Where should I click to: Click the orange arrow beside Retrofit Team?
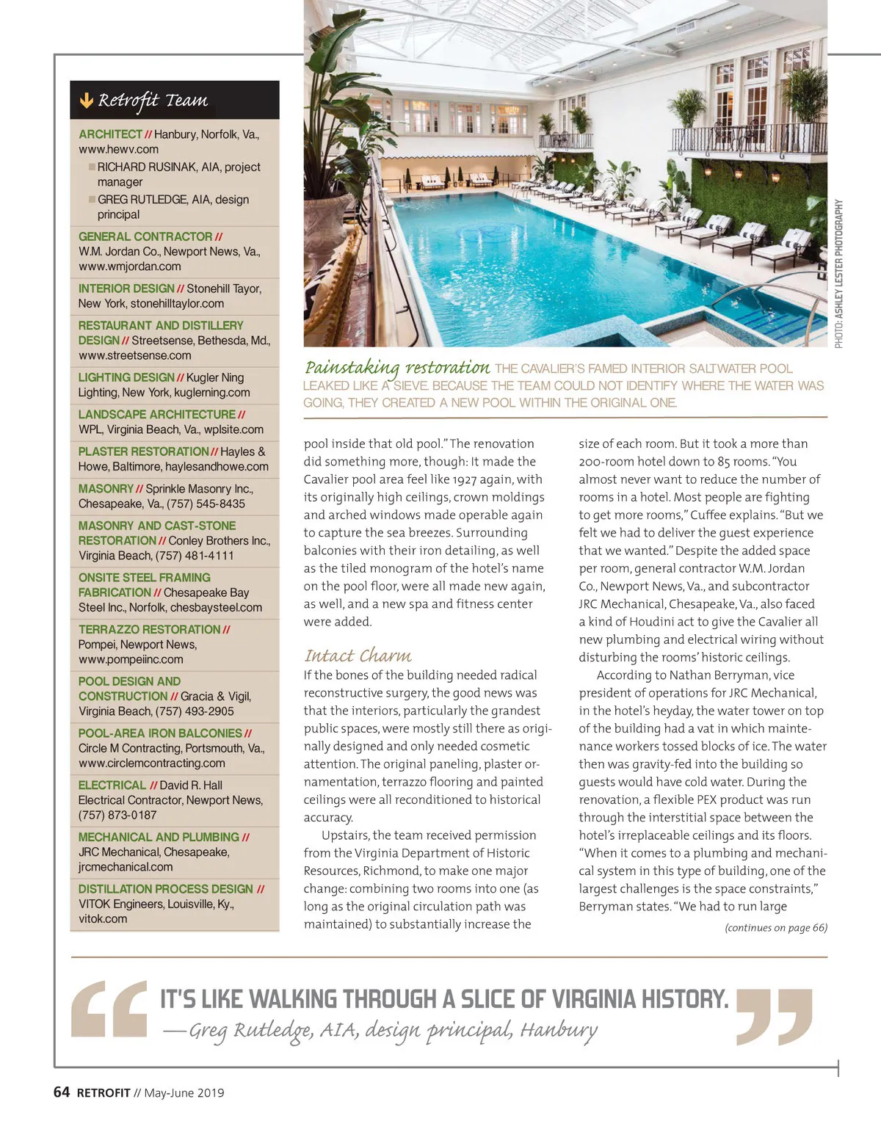(x=87, y=101)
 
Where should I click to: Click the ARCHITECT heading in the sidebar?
(x=110, y=134)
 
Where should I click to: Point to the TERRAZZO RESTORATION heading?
(x=149, y=629)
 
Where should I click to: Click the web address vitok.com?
(x=103, y=918)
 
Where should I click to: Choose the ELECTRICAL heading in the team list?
(x=112, y=785)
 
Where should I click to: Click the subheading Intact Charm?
(x=358, y=656)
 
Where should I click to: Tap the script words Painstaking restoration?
(x=397, y=367)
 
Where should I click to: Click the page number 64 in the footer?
(x=62, y=1092)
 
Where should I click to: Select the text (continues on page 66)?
(x=775, y=928)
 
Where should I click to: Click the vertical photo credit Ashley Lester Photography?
(x=838, y=273)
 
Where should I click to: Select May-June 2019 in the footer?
(x=184, y=1093)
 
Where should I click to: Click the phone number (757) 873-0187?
(x=117, y=815)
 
